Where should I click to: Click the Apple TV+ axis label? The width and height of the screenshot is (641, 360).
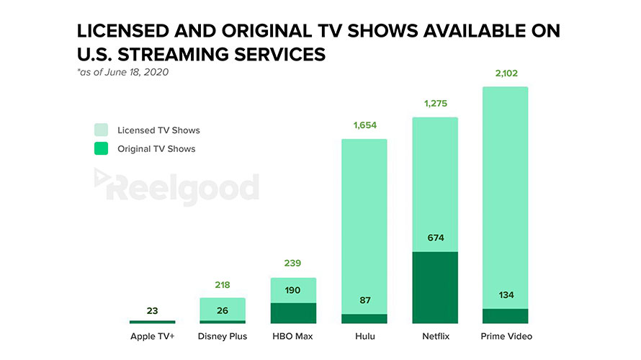(x=152, y=336)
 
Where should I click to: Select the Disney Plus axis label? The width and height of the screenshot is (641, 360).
(x=223, y=336)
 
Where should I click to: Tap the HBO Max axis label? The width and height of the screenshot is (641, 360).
(x=293, y=336)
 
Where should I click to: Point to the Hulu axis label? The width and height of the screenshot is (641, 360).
(x=364, y=336)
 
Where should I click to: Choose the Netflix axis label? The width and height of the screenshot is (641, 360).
(x=434, y=336)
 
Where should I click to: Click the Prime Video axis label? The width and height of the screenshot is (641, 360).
(x=505, y=336)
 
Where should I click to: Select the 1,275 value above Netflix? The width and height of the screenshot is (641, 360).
(x=434, y=104)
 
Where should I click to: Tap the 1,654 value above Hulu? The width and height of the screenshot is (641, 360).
(x=364, y=126)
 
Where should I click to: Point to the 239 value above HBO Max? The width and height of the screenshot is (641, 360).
(x=293, y=264)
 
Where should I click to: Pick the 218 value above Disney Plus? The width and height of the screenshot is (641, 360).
(x=223, y=285)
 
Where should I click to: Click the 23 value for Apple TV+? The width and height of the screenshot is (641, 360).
(x=152, y=311)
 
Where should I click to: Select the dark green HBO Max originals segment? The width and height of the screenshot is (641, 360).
(x=293, y=313)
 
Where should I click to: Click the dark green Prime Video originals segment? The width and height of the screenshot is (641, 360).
(x=505, y=316)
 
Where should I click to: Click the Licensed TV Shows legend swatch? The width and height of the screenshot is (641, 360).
(x=101, y=130)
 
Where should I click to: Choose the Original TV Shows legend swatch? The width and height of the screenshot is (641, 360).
(x=101, y=149)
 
